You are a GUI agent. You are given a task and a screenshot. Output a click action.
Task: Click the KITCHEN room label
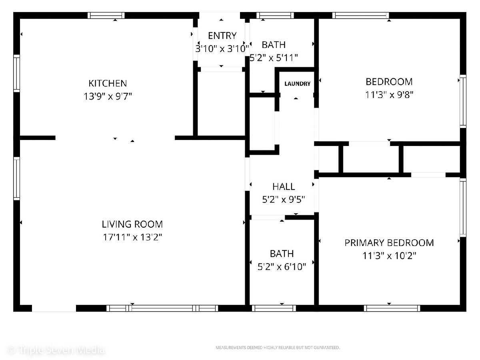tap(108, 83)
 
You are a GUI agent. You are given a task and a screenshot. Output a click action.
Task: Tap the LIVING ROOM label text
tap(132, 224)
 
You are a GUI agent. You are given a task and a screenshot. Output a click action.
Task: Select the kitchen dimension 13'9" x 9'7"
tap(108, 96)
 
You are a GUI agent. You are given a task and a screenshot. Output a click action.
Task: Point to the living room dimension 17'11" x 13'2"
tap(132, 237)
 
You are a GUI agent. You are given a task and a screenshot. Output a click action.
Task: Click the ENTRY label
tap(222, 36)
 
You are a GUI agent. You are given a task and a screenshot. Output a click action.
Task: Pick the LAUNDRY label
tap(298, 84)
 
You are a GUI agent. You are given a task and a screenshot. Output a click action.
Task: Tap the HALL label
tap(284, 187)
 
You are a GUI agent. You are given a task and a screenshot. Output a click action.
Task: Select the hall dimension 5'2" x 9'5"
tap(284, 200)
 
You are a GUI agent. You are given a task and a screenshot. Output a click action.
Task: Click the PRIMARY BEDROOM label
tap(389, 243)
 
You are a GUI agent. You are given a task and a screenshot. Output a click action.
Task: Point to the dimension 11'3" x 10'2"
tap(389, 256)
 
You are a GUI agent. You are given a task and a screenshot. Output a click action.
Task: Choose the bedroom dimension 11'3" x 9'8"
tap(389, 95)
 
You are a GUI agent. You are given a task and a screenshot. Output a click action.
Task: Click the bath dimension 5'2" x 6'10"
tap(282, 267)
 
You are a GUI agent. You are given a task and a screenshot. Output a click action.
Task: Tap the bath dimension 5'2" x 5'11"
tap(274, 58)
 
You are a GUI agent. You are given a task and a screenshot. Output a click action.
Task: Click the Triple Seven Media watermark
tap(56, 350)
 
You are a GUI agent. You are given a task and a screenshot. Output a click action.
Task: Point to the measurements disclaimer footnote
tap(278, 348)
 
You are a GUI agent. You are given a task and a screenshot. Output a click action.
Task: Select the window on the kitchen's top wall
tap(106, 16)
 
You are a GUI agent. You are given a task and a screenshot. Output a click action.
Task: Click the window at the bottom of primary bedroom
tap(392, 308)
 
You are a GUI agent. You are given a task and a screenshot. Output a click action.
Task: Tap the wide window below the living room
tap(162, 308)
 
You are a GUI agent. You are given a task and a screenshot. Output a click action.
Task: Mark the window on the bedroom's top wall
tap(361, 16)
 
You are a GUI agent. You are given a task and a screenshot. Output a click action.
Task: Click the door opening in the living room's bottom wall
tap(54, 308)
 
